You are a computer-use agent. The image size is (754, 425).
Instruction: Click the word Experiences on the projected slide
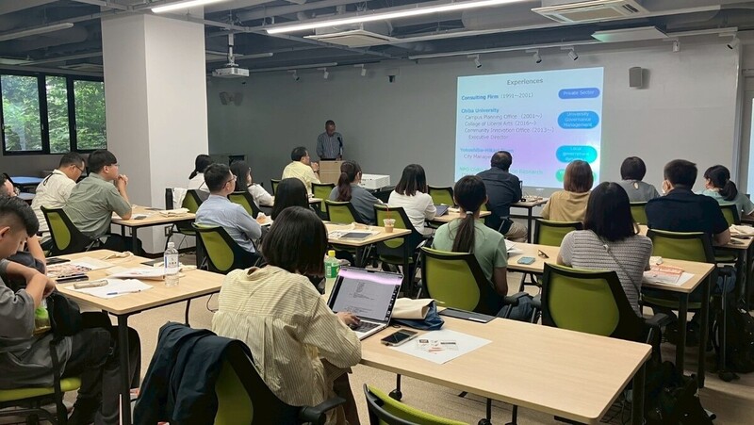coord(524,82)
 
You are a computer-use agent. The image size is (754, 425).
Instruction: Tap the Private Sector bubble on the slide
coord(579,93)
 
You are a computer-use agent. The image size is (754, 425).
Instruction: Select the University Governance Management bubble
coord(577,120)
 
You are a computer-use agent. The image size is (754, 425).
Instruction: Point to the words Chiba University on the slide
coord(481,110)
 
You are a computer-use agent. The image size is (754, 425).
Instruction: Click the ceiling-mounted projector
coord(230,71)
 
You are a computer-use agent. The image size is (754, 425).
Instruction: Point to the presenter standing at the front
coord(329,142)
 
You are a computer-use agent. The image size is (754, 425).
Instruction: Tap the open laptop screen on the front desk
coord(364,293)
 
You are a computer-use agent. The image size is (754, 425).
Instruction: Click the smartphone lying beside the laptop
coord(399,336)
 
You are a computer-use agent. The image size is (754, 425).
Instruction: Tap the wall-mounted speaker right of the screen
coord(635,77)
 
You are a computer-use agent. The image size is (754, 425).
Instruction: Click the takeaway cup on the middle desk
coord(388,225)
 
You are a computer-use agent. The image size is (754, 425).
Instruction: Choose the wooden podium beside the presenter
coord(331,172)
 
